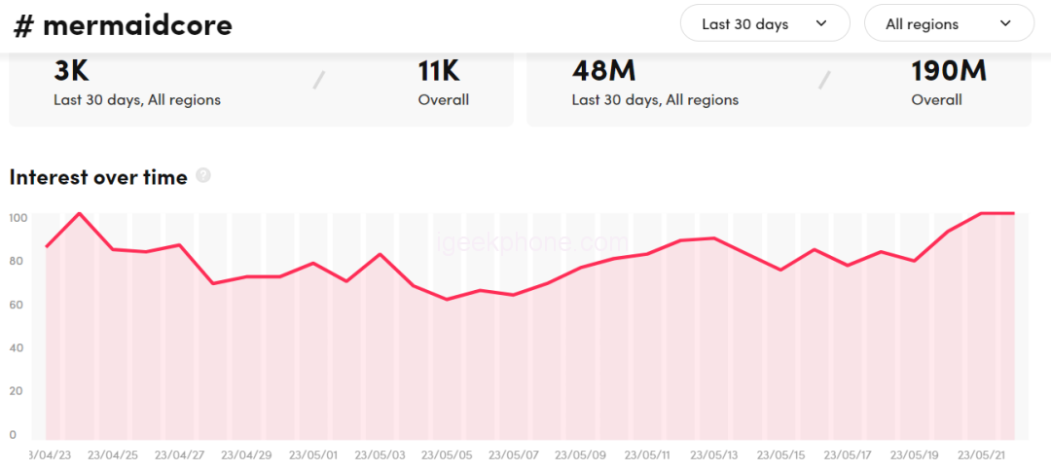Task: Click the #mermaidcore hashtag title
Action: click(x=123, y=25)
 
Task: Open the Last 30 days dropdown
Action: click(x=765, y=23)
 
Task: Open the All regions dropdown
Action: click(x=949, y=23)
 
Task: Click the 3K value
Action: click(x=71, y=71)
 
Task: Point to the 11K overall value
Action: click(x=439, y=71)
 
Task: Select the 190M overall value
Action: click(x=948, y=71)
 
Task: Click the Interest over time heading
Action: click(x=98, y=177)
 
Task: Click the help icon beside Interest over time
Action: click(x=203, y=175)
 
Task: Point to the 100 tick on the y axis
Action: click(x=18, y=217)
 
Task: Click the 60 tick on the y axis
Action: click(x=17, y=305)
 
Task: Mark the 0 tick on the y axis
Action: click(x=13, y=435)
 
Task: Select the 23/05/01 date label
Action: click(x=312, y=454)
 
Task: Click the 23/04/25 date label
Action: click(x=112, y=454)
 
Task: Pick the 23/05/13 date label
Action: click(x=714, y=454)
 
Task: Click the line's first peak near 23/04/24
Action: click(x=80, y=213)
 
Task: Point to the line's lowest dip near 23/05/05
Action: click(x=447, y=299)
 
